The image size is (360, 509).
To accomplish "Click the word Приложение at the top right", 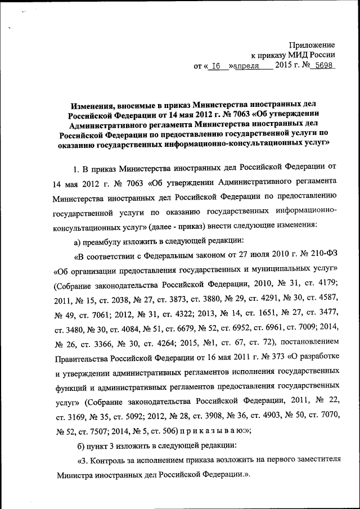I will pyautogui.click(x=312, y=44).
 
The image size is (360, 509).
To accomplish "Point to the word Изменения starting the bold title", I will pyautogui.click(x=91, y=105).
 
